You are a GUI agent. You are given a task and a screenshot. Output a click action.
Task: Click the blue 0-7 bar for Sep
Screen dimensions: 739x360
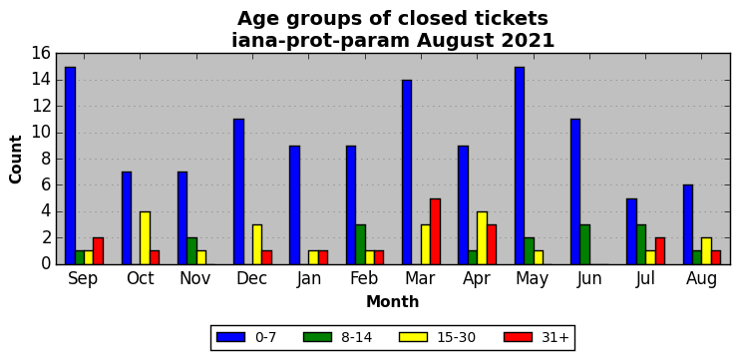[70, 166]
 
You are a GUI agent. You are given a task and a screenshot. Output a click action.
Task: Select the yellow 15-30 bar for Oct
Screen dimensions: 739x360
[146, 238]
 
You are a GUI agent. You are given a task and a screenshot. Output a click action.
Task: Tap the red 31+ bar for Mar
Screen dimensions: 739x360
[435, 231]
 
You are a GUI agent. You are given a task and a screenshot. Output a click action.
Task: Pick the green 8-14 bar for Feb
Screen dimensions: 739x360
[361, 244]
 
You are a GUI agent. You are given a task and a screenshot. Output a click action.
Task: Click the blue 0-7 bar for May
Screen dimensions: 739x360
[520, 166]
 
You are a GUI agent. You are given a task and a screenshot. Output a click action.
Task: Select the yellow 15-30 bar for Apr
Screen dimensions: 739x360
[482, 238]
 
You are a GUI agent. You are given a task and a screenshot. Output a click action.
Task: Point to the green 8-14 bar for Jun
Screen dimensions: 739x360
[584, 244]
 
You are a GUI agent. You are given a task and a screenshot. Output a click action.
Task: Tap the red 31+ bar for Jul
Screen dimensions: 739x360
[660, 251]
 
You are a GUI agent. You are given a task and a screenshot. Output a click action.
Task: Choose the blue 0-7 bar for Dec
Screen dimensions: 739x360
[239, 191]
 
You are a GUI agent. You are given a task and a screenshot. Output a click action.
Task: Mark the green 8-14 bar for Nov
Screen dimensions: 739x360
[191, 251]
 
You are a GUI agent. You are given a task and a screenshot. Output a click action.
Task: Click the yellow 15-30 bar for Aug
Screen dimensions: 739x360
[706, 251]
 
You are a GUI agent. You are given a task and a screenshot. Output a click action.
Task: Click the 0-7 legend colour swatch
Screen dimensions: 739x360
[231, 337]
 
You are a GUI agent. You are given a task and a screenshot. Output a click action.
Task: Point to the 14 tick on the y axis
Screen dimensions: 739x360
[42, 80]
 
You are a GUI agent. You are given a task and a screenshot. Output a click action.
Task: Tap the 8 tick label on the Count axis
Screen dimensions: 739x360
[46, 160]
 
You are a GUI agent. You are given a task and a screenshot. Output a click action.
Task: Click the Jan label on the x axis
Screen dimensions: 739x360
[309, 278]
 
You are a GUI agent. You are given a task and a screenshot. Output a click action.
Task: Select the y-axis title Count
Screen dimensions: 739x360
[16, 160]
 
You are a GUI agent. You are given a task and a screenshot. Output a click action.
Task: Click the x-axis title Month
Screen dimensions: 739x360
[393, 301]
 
